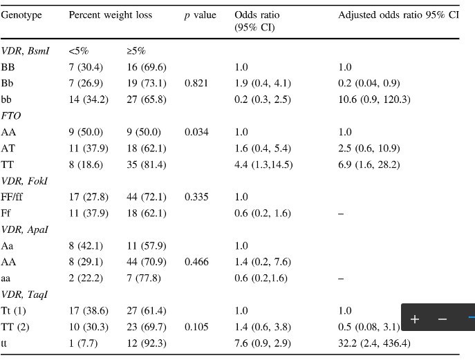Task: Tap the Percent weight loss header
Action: pos(110,15)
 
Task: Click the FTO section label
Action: pos(11,116)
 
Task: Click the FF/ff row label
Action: pos(13,197)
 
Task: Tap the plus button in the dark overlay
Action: pos(415,319)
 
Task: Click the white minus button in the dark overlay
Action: pos(443,319)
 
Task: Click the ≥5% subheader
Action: pos(136,50)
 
